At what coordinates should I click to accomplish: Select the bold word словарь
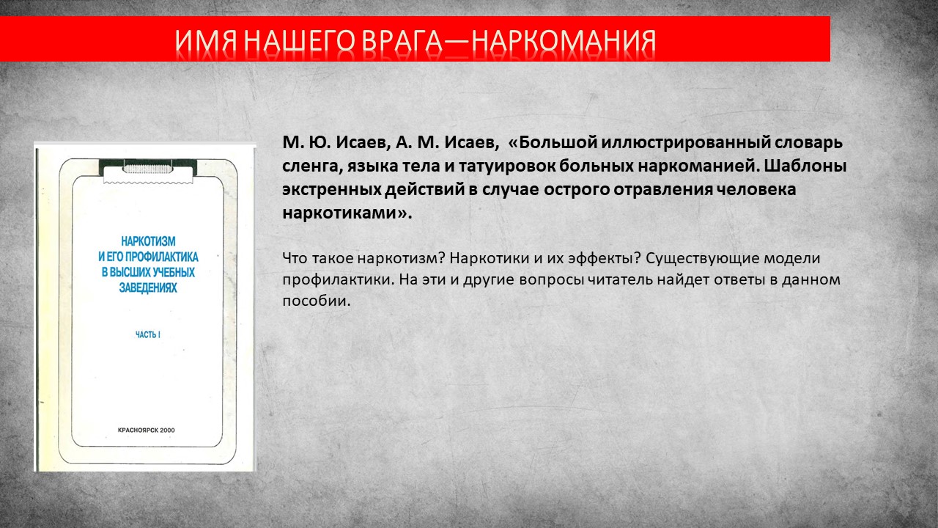pos(808,143)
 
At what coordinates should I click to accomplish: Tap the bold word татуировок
pos(506,166)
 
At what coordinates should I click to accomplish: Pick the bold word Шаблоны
pos(805,166)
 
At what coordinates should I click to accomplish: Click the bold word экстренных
pos(330,190)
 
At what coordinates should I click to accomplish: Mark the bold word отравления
pos(663,190)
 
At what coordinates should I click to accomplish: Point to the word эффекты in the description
pos(605,258)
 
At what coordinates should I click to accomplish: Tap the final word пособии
pos(316,301)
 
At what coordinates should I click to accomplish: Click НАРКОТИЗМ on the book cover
pos(148,241)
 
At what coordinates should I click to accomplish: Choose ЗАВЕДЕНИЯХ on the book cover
pos(148,288)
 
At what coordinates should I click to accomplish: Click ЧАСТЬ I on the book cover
pos(148,335)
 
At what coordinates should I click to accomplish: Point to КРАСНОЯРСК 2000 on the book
pos(146,430)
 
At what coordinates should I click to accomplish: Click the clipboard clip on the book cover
pos(148,171)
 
